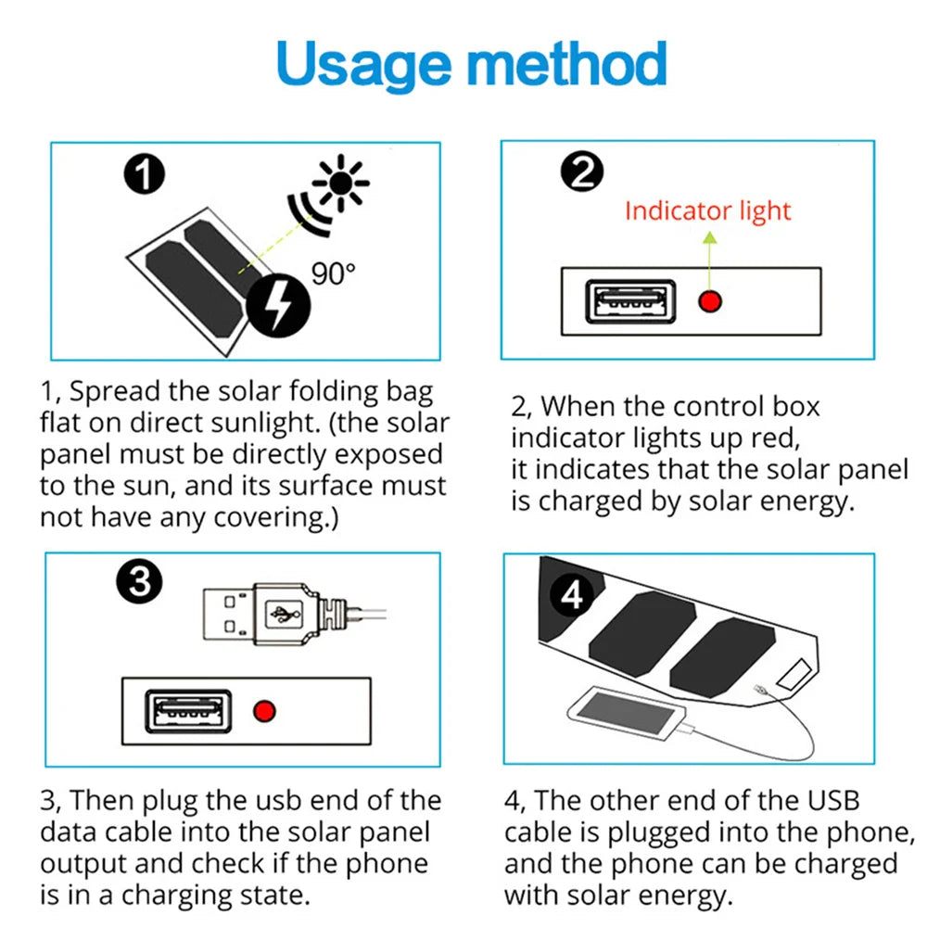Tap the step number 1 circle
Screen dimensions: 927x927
coord(145,176)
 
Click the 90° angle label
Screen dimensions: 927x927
coord(333,273)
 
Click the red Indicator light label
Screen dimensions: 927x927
coord(707,210)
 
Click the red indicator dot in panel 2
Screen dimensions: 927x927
coord(711,301)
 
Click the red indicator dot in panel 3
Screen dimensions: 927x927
coord(267,712)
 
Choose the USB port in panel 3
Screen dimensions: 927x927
coord(186,712)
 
